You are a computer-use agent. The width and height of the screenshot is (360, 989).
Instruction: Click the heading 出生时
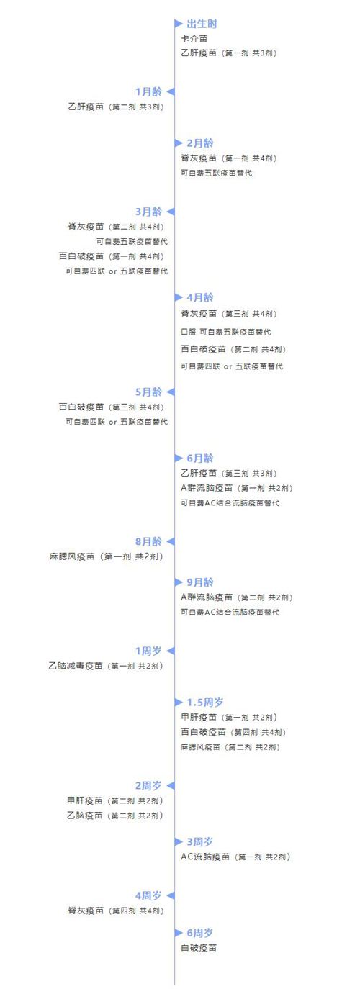[202, 24]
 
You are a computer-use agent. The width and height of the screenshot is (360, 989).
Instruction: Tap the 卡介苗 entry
[194, 39]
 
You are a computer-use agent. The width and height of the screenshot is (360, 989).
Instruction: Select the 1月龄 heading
[148, 92]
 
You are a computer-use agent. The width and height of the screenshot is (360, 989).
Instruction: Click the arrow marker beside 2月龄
[179, 143]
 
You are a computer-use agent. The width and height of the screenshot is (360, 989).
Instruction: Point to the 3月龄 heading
[148, 212]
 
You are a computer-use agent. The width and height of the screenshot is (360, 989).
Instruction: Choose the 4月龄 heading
[200, 297]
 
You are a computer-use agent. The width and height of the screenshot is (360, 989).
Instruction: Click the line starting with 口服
[225, 332]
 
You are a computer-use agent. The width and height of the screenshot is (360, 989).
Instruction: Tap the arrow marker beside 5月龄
[171, 392]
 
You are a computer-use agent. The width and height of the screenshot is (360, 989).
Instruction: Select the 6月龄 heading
[200, 459]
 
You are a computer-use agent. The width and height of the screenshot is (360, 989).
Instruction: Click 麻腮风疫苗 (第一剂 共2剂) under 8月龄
[107, 556]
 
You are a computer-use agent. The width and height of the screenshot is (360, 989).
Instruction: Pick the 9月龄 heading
[200, 582]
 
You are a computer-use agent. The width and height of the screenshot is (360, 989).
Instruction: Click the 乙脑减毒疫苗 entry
[106, 666]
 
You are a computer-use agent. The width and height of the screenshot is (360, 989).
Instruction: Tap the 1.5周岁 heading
[205, 703]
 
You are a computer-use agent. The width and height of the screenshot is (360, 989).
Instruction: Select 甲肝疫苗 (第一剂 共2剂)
[229, 718]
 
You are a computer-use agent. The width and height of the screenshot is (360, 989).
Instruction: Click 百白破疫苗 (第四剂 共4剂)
[234, 733]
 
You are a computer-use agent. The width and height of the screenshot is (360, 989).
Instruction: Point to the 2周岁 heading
[148, 786]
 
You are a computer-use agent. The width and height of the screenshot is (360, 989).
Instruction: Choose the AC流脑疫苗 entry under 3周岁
[236, 857]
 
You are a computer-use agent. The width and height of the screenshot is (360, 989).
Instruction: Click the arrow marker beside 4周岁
[171, 896]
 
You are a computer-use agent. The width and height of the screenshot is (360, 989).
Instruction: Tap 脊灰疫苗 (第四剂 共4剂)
[116, 911]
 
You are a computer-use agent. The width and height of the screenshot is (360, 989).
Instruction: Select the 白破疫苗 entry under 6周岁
[199, 948]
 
